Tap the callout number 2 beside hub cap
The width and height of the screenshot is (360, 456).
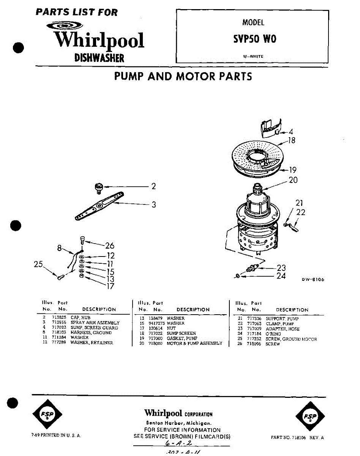(153, 186)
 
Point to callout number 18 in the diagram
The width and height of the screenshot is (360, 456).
(292, 141)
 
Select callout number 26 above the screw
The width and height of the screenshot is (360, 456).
(110, 246)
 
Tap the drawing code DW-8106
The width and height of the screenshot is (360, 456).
(313, 280)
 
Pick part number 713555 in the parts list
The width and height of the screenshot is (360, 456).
(58, 323)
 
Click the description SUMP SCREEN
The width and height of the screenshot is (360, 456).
(181, 333)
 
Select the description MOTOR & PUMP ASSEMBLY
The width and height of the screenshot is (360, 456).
(194, 343)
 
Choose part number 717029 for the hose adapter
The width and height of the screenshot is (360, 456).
(254, 329)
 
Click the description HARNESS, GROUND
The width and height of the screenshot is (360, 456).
(91, 332)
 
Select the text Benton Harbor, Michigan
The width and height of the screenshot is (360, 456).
(178, 423)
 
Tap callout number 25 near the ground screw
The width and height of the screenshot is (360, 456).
(38, 264)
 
